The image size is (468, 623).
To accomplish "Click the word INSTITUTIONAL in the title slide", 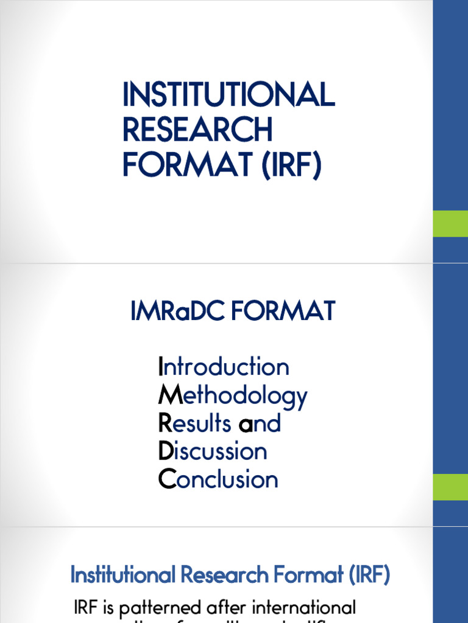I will coord(229,96).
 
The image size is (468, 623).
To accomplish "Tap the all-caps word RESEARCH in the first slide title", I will coord(197,130).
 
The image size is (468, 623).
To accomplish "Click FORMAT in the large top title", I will coord(189,164).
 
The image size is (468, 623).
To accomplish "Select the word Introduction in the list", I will coord(224,367).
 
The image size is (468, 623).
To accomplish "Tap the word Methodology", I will coord(233,397).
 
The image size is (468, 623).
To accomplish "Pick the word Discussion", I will coord(213,451).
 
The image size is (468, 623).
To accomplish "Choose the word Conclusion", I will coord(218,479).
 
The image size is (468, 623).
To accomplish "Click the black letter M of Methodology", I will coord(166,396).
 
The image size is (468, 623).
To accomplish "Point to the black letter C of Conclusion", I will coord(166,479).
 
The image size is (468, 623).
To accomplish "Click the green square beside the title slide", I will coord(450,223).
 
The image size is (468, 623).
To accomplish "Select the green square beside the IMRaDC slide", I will coord(450,487).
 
